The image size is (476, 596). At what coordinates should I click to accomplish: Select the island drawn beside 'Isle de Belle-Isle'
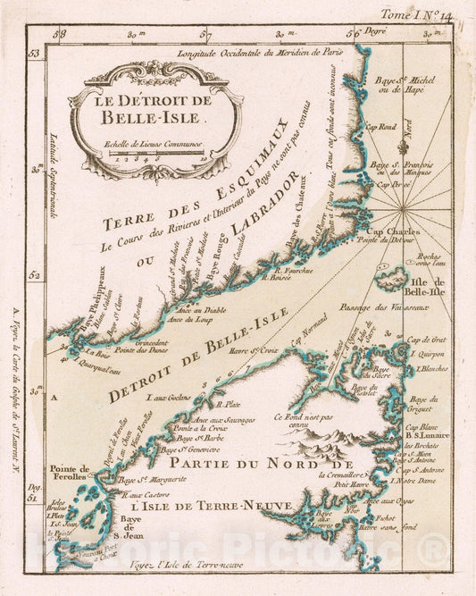[391, 279]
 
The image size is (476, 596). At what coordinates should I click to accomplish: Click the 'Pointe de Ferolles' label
[71, 474]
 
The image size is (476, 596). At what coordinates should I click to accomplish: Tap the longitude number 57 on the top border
[206, 37]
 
